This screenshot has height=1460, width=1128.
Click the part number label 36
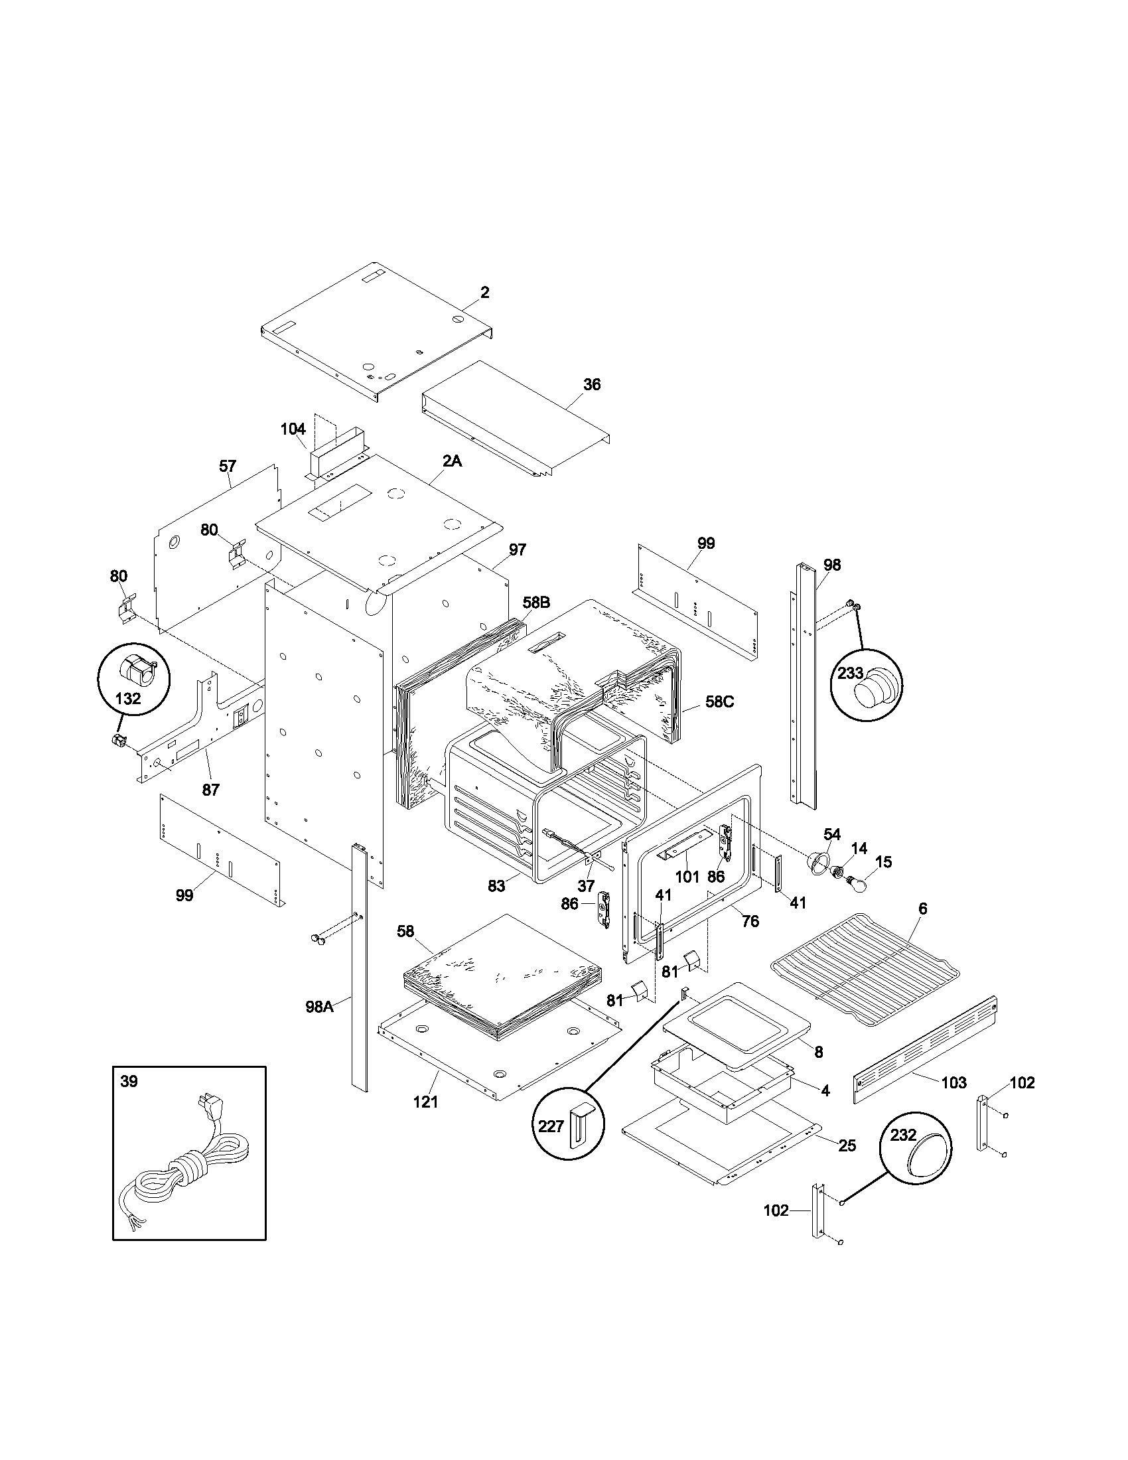pyautogui.click(x=591, y=384)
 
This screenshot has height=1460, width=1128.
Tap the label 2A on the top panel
pyautogui.click(x=453, y=461)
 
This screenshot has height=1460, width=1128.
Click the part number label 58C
pyautogui.click(x=719, y=702)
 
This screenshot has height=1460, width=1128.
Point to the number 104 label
pyautogui.click(x=293, y=429)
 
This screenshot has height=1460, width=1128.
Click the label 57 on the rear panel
pyautogui.click(x=227, y=466)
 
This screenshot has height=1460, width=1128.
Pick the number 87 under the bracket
pyautogui.click(x=210, y=790)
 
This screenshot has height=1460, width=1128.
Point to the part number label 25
pyautogui.click(x=847, y=1145)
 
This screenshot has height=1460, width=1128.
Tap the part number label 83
pyautogui.click(x=496, y=886)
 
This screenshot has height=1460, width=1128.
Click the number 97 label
pyautogui.click(x=518, y=549)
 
